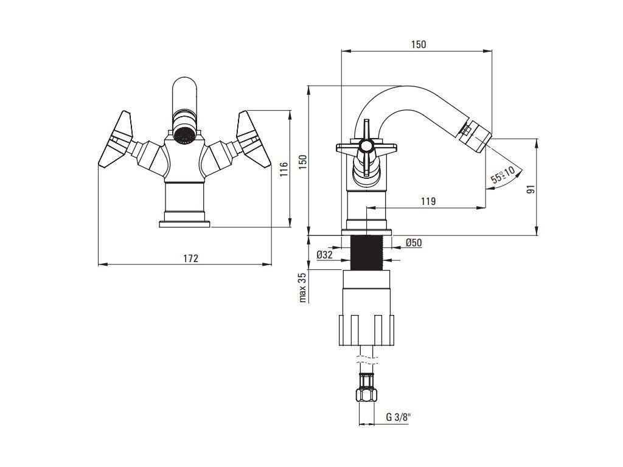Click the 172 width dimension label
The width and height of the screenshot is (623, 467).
coord(190,258)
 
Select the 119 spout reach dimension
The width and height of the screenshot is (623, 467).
coord(428,201)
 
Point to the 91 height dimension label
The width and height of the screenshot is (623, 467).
coord(531,188)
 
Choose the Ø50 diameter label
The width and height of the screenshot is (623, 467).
coord(414,243)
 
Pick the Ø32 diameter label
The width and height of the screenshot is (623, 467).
coord(324,255)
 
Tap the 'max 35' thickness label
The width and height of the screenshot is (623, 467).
coord(302,288)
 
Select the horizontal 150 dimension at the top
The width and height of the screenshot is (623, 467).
coord(418,44)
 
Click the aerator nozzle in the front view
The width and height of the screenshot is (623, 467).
coord(183,133)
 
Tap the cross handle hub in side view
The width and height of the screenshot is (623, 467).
coord(366,145)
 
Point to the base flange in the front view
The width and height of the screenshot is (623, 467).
coord(184,223)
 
